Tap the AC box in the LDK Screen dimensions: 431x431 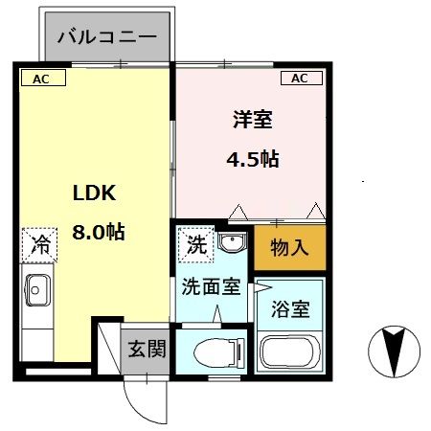pyautogui.click(x=42, y=79)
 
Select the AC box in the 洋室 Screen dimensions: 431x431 pyautogui.click(x=299, y=79)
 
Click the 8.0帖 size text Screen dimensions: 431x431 pyautogui.click(x=100, y=232)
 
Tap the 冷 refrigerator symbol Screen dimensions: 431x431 pyautogui.click(x=39, y=244)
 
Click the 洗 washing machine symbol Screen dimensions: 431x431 pyautogui.click(x=196, y=244)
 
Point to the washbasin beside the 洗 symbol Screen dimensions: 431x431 pyautogui.click(x=230, y=243)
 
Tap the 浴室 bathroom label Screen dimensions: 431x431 pyautogui.click(x=292, y=309)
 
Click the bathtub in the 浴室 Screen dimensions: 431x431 pyautogui.click(x=291, y=355)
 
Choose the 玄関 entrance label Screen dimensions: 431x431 pyautogui.click(x=147, y=348)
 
